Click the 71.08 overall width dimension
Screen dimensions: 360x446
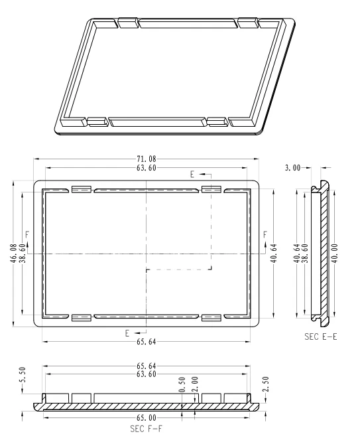[147, 159]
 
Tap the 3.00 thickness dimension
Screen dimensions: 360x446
[292, 168]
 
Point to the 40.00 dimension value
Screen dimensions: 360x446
[335, 253]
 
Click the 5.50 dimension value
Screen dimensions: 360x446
[23, 375]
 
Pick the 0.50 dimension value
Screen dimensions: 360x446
[183, 384]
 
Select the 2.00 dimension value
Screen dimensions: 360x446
[196, 384]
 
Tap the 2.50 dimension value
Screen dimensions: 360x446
[266, 384]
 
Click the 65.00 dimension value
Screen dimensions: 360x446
[147, 418]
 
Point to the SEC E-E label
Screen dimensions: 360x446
[321, 336]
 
